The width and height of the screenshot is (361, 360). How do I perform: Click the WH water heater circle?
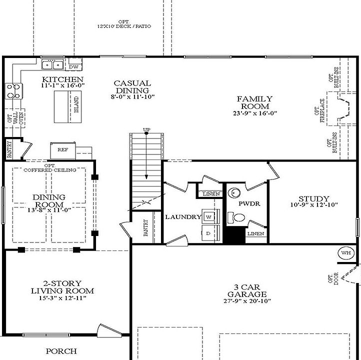click(346, 253)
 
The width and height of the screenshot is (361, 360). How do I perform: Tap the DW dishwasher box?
click(74, 66)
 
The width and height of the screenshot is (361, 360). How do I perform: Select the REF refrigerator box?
click(62, 149)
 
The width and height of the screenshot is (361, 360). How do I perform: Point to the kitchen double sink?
click(52, 64)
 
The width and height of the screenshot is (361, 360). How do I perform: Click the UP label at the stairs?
click(146, 130)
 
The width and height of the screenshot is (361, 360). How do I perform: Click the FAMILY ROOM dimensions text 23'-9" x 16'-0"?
click(254, 113)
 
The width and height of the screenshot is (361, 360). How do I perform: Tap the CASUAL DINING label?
click(132, 86)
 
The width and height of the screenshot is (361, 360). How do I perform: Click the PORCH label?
click(61, 351)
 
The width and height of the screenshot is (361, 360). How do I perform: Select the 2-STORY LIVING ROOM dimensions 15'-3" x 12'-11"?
click(62, 298)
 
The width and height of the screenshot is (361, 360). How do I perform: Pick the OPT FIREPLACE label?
click(319, 110)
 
